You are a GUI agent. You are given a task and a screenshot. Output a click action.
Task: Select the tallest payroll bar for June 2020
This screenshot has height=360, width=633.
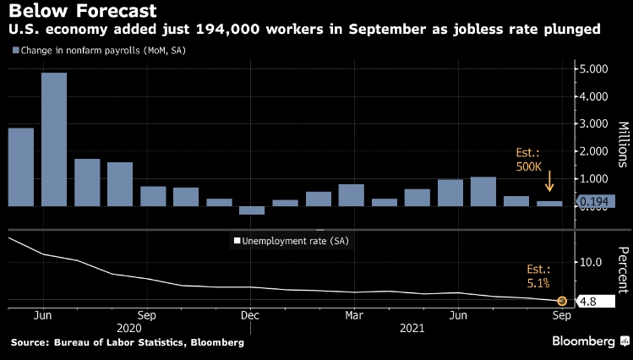point(54,139)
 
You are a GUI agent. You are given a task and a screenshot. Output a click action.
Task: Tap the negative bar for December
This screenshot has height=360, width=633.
point(252,210)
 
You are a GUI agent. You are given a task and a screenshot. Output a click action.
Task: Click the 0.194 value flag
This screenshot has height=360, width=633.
point(596,201)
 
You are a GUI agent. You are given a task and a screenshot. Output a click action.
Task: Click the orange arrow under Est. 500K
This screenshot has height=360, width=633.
point(549,181)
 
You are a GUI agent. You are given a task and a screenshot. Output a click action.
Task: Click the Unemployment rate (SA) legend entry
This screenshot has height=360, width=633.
point(291,241)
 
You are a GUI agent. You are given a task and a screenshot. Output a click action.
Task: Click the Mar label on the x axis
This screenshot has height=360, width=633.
point(354,314)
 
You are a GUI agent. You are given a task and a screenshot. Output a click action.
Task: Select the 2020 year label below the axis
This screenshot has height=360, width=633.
point(128,326)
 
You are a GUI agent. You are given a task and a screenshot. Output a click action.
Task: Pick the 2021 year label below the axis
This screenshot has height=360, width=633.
point(411,326)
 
